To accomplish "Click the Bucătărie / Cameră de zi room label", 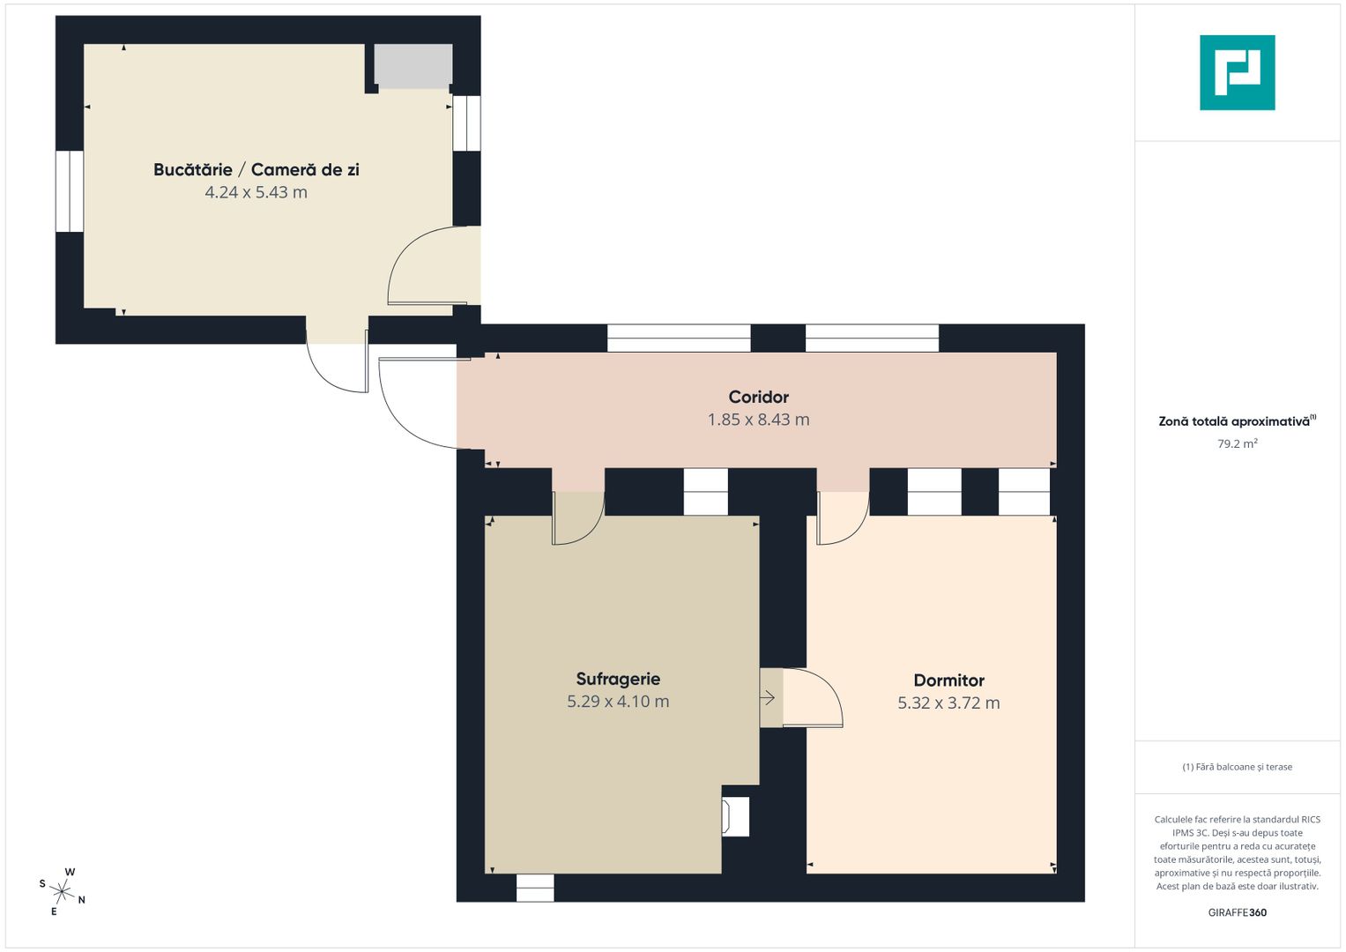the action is pyautogui.click(x=256, y=170).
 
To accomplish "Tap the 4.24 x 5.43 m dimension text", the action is pyautogui.click(x=256, y=192).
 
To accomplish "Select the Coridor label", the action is pyautogui.click(x=758, y=397).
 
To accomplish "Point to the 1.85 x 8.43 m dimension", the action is pyautogui.click(x=758, y=420).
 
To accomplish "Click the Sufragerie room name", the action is pyautogui.click(x=618, y=679).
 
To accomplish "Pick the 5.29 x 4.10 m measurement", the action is pyautogui.click(x=618, y=702).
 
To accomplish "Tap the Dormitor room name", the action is pyautogui.click(x=948, y=681).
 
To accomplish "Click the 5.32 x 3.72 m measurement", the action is pyautogui.click(x=948, y=703).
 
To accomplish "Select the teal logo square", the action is pyautogui.click(x=1238, y=72).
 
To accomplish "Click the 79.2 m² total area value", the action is pyautogui.click(x=1238, y=443).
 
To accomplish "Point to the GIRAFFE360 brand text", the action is pyautogui.click(x=1238, y=912).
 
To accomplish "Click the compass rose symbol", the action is pyautogui.click(x=62, y=892).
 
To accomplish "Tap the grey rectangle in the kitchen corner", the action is pyautogui.click(x=413, y=65).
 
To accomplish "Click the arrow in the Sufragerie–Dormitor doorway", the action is pyautogui.click(x=768, y=698).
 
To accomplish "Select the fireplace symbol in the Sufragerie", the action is pyautogui.click(x=735, y=816).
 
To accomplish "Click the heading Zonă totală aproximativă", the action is pyautogui.click(x=1237, y=421).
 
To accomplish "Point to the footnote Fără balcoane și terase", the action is pyautogui.click(x=1238, y=767).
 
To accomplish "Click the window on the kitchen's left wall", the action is pyautogui.click(x=70, y=191).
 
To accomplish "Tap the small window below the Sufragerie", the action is pyautogui.click(x=535, y=888).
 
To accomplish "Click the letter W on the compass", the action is pyautogui.click(x=70, y=872).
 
